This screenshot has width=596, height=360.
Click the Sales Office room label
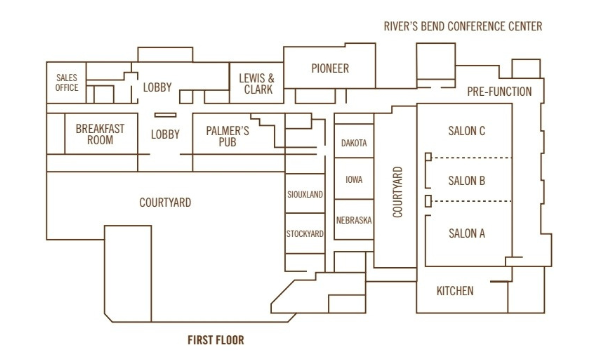click(x=67, y=83)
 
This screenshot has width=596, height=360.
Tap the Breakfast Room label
click(x=100, y=134)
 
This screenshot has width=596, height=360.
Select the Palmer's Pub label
click(x=228, y=136)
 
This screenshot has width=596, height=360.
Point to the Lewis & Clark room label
click(x=257, y=84)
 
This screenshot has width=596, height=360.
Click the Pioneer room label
click(x=330, y=68)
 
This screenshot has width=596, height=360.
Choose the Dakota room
click(x=354, y=141)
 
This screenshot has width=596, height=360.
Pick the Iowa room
click(x=354, y=179)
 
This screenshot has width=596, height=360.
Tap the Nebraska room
click(x=354, y=220)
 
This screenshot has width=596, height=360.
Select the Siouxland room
click(x=305, y=193)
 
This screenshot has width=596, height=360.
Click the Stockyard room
click(x=305, y=233)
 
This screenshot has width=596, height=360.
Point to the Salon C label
click(x=467, y=131)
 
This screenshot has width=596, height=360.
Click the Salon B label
click(x=467, y=181)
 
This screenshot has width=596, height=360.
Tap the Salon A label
click(x=467, y=233)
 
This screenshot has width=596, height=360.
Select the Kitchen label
click(x=455, y=291)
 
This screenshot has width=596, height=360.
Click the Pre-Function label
click(x=499, y=92)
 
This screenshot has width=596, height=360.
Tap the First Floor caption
click(x=216, y=340)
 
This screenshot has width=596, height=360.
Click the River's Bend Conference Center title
click(x=463, y=26)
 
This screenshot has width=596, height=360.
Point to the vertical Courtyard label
click(x=398, y=192)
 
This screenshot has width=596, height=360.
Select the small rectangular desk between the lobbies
click(x=165, y=115)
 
